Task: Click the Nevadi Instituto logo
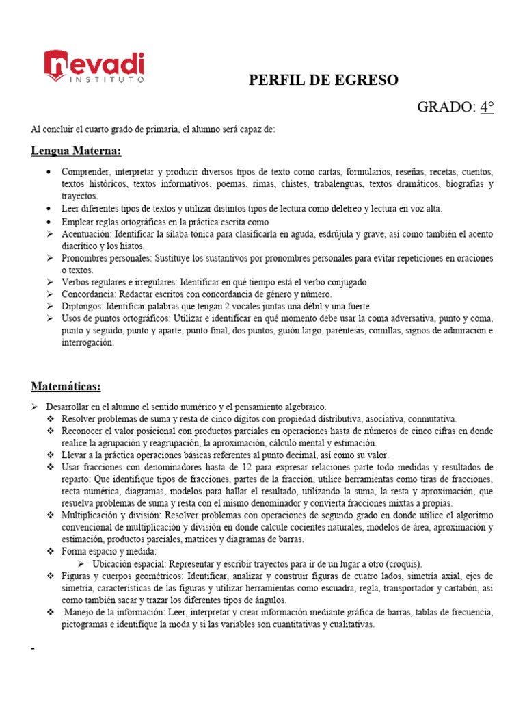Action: coord(94,66)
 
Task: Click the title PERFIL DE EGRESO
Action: coord(323,80)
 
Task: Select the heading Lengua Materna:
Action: coord(76,151)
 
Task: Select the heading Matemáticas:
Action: coord(66,387)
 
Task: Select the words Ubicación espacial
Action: coord(130,564)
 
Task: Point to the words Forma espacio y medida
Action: coord(109,551)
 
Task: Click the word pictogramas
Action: coord(85,625)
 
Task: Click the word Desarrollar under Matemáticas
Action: coord(69,407)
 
